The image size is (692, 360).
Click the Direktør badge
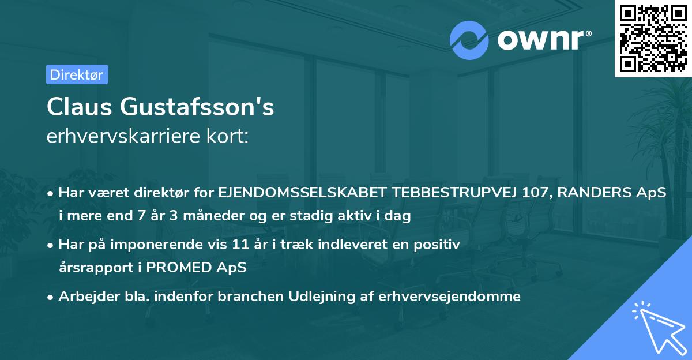pyautogui.click(x=77, y=74)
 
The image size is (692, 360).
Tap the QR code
pyautogui.click(x=653, y=39)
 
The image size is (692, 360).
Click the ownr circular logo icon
pyautogui.click(x=469, y=40)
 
